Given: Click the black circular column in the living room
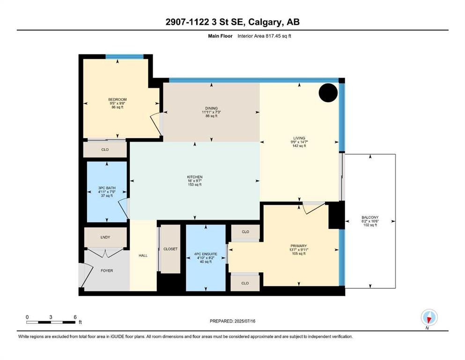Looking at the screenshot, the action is [x=328, y=93].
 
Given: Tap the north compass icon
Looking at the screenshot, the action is [x=429, y=318].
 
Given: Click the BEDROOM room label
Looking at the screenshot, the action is [x=118, y=99].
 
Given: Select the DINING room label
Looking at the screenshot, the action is [x=212, y=108].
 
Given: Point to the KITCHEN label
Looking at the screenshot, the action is [x=195, y=177].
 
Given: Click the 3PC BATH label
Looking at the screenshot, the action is [x=107, y=188].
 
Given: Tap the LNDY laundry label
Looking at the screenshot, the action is [x=105, y=237].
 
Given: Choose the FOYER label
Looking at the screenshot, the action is [x=107, y=270].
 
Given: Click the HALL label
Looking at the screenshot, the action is [x=143, y=255].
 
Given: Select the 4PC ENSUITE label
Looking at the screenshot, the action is [x=206, y=254].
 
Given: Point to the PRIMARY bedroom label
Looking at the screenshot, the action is [x=299, y=246].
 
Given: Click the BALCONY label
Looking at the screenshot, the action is [x=370, y=217].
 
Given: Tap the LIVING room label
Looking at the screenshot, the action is [x=299, y=138].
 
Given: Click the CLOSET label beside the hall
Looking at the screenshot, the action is [x=170, y=249].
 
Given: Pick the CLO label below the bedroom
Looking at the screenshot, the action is [x=105, y=150].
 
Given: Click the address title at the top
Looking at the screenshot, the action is [x=232, y=22].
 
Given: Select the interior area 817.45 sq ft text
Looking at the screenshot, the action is [x=264, y=36].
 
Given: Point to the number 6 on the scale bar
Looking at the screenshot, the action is [x=75, y=317].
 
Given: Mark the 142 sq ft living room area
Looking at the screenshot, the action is [x=299, y=146].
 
